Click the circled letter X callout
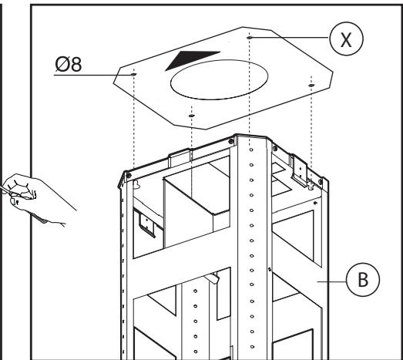[x=346, y=39]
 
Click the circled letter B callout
[x=363, y=280]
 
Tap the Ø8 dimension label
[x=69, y=64]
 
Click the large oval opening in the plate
[x=220, y=79]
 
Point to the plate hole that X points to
[x=250, y=38]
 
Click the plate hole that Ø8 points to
[x=133, y=74]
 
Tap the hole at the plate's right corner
[x=311, y=86]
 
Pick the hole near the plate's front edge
[x=191, y=116]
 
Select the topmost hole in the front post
[x=251, y=150]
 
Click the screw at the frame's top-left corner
[x=129, y=176]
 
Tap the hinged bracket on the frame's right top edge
[x=299, y=170]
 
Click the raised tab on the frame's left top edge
[x=180, y=157]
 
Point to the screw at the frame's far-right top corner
[x=321, y=182]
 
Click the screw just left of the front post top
[x=231, y=141]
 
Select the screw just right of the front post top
[x=275, y=148]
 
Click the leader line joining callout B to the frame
[x=331, y=282]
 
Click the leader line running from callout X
[x=290, y=38]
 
